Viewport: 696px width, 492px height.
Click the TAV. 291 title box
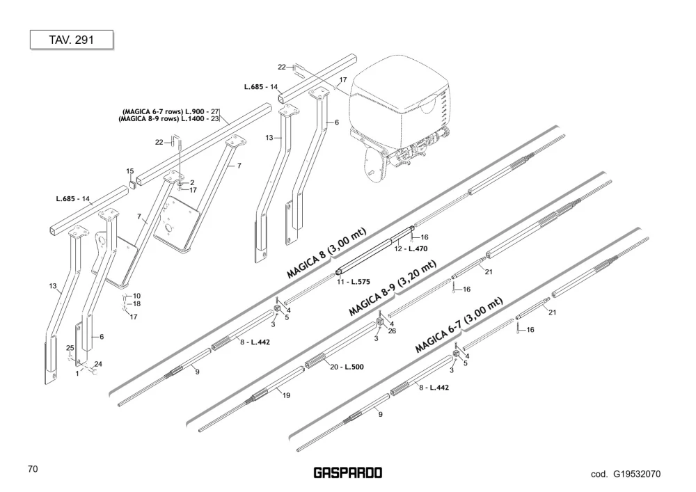(x=72, y=40)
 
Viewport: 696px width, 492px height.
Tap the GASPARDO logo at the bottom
(x=348, y=473)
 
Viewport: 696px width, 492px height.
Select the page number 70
(x=33, y=469)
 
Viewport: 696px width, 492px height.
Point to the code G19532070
(x=626, y=474)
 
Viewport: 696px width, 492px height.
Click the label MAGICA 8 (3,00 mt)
(x=326, y=253)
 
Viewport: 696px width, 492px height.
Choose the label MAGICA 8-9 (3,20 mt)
(x=393, y=288)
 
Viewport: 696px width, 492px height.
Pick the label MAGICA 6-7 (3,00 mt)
(x=459, y=325)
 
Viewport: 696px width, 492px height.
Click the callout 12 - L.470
(x=411, y=249)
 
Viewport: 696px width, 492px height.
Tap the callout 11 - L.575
(x=354, y=282)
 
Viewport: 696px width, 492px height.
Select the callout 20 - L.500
(x=347, y=367)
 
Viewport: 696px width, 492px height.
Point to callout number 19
(x=286, y=395)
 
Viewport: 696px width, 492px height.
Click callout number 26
(x=392, y=331)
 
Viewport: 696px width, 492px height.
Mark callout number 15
(x=129, y=171)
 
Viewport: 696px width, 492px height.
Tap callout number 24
(x=98, y=364)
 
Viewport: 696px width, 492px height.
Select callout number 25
(x=70, y=348)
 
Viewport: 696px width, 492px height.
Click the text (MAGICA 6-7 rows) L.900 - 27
(x=171, y=112)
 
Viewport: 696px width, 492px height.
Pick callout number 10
(x=136, y=296)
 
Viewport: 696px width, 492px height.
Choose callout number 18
(x=136, y=304)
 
